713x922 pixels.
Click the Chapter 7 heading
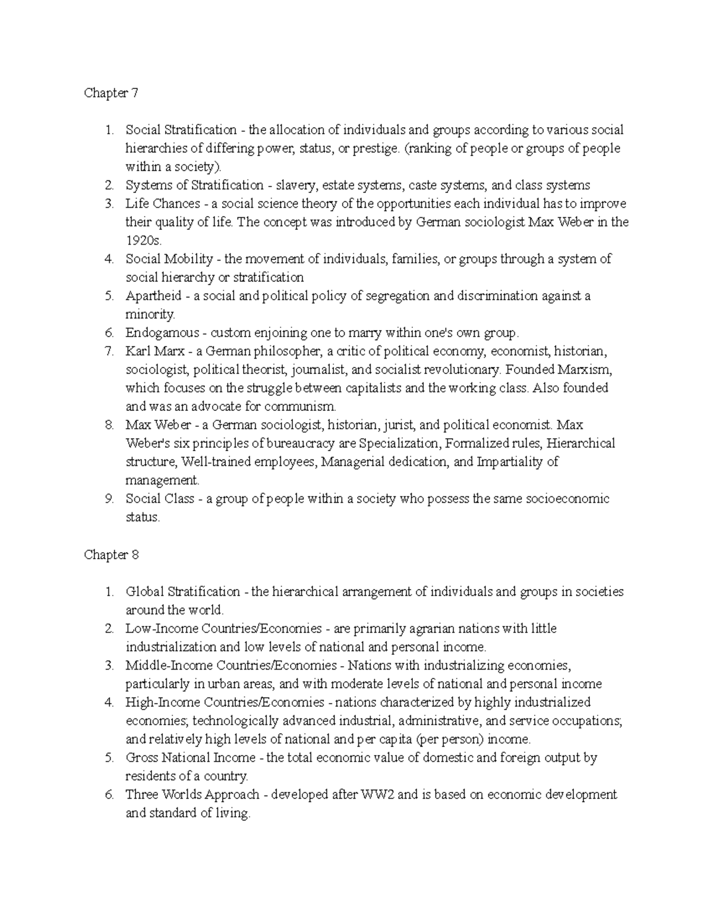[x=111, y=93]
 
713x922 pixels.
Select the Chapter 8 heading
[x=111, y=555]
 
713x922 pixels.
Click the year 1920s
[x=143, y=240]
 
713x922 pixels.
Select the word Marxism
[x=585, y=369]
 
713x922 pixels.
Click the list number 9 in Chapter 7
[x=109, y=499]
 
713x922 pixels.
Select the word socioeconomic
[x=567, y=499]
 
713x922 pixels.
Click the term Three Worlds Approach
[x=193, y=794]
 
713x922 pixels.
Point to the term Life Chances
[x=163, y=204]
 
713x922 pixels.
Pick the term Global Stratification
[x=183, y=591]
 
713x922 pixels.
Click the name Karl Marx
[x=154, y=351]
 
